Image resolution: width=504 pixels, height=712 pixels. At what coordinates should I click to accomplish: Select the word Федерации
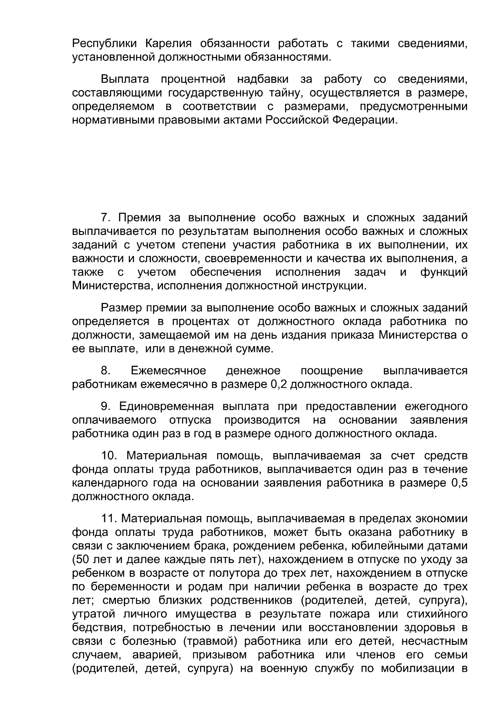point(365,120)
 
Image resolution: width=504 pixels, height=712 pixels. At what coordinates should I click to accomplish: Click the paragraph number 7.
point(105,218)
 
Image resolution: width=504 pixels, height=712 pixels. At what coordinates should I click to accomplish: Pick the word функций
point(444,272)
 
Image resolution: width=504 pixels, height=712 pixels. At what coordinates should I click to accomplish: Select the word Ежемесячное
point(168,370)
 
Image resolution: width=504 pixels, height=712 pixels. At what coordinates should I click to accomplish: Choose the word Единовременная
point(166,407)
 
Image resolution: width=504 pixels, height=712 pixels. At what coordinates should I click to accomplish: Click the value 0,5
point(459,483)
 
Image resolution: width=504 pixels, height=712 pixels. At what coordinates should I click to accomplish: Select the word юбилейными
point(388,546)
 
